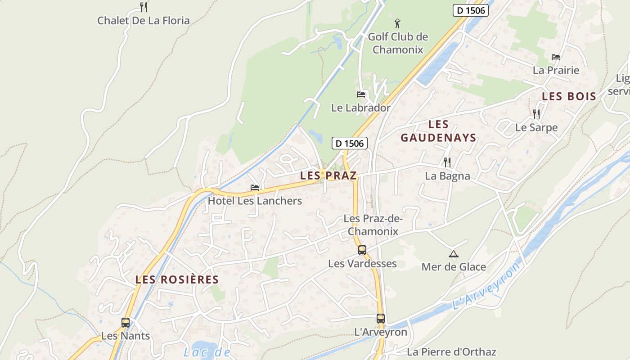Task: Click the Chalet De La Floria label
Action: coord(143,21)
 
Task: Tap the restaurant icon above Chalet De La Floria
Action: coord(143,7)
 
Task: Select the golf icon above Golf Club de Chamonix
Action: coord(397,23)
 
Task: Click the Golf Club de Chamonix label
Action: coord(398,43)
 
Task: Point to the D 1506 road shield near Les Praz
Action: coord(350,144)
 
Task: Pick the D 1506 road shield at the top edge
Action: coord(470,10)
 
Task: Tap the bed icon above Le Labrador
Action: coord(360,94)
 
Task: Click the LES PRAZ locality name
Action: coord(328,175)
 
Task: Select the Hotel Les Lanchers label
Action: coord(255,201)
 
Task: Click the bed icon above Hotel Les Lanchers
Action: coord(255,188)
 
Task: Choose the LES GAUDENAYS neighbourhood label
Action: coord(438,131)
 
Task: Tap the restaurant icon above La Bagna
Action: coord(447,162)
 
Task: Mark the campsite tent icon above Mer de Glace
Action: coord(453,254)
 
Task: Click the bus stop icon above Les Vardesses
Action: coord(362,250)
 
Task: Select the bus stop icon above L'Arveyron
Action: coord(381,319)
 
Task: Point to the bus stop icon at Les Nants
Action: coord(126,323)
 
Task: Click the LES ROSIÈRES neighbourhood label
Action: coord(177,279)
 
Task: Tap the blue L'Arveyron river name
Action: coord(487,286)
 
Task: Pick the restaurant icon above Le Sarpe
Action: coord(536,114)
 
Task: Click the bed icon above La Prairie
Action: coord(556,57)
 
